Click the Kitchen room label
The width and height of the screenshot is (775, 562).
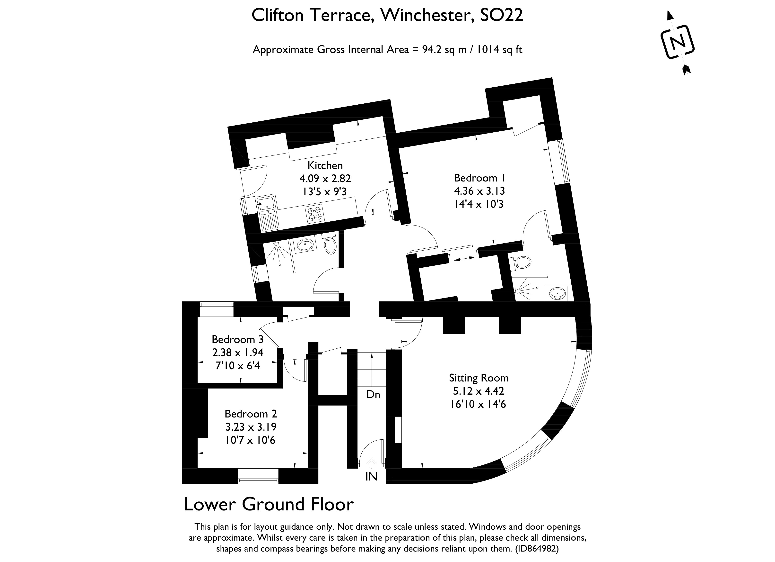pyautogui.click(x=325, y=165)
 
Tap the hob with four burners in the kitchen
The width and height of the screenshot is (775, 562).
pyautogui.click(x=315, y=214)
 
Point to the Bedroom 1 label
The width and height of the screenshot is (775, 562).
pyautogui.click(x=480, y=178)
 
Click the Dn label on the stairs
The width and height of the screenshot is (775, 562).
pyautogui.click(x=373, y=395)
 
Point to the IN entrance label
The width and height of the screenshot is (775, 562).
pyautogui.click(x=371, y=477)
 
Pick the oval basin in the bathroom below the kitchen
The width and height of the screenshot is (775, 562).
pyautogui.click(x=305, y=245)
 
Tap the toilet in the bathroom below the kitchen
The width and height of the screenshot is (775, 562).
pyautogui.click(x=330, y=245)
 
